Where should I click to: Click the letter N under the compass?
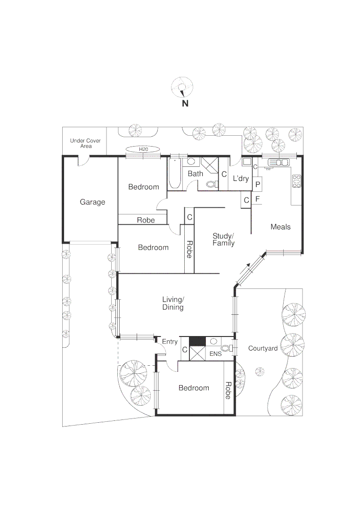click(x=185, y=104)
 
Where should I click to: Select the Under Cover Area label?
click(x=85, y=143)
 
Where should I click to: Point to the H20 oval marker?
click(x=143, y=149)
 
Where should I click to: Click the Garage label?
click(x=92, y=202)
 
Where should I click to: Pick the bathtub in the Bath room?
click(x=175, y=173)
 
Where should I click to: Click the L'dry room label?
click(x=241, y=179)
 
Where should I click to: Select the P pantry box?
click(x=258, y=184)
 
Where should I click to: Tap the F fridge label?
click(x=257, y=199)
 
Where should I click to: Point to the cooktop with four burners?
click(x=297, y=181)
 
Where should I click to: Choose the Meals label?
click(x=280, y=227)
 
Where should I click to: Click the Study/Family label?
click(x=223, y=239)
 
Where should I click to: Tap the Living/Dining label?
click(x=173, y=303)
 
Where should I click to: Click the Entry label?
click(x=170, y=342)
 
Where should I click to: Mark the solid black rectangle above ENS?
click(x=196, y=341)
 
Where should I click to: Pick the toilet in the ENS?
click(x=227, y=349)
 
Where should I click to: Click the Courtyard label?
click(x=262, y=348)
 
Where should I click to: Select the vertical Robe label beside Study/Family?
click(x=189, y=249)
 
